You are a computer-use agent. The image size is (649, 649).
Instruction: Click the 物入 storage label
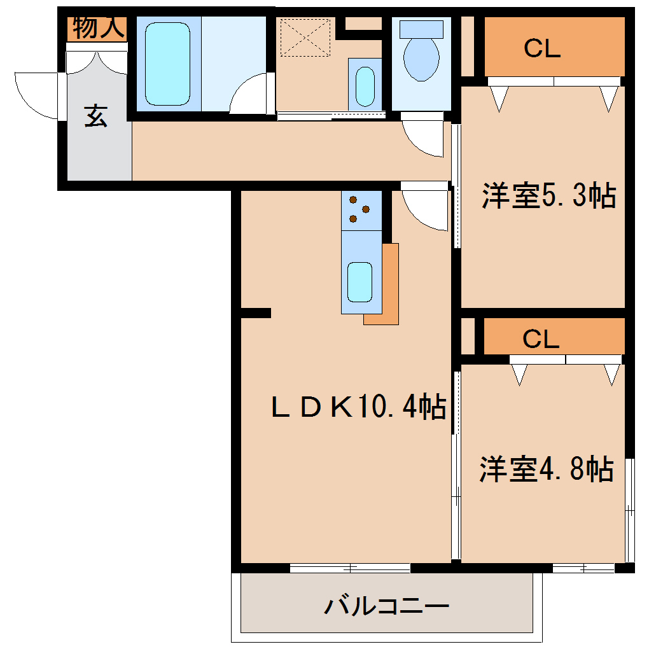(98, 28)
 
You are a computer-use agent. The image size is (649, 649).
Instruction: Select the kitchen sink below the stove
(359, 281)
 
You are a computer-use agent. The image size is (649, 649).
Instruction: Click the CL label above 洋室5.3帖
(542, 48)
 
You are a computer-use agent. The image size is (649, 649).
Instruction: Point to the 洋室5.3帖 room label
(548, 195)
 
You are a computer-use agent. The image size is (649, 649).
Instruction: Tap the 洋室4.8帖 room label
(545, 469)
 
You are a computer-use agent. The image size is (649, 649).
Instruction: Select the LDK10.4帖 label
(358, 407)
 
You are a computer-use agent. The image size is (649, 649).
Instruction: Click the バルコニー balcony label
(387, 605)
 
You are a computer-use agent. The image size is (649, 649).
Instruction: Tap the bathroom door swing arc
(250, 94)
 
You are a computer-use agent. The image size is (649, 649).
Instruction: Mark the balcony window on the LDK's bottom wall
(350, 568)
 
